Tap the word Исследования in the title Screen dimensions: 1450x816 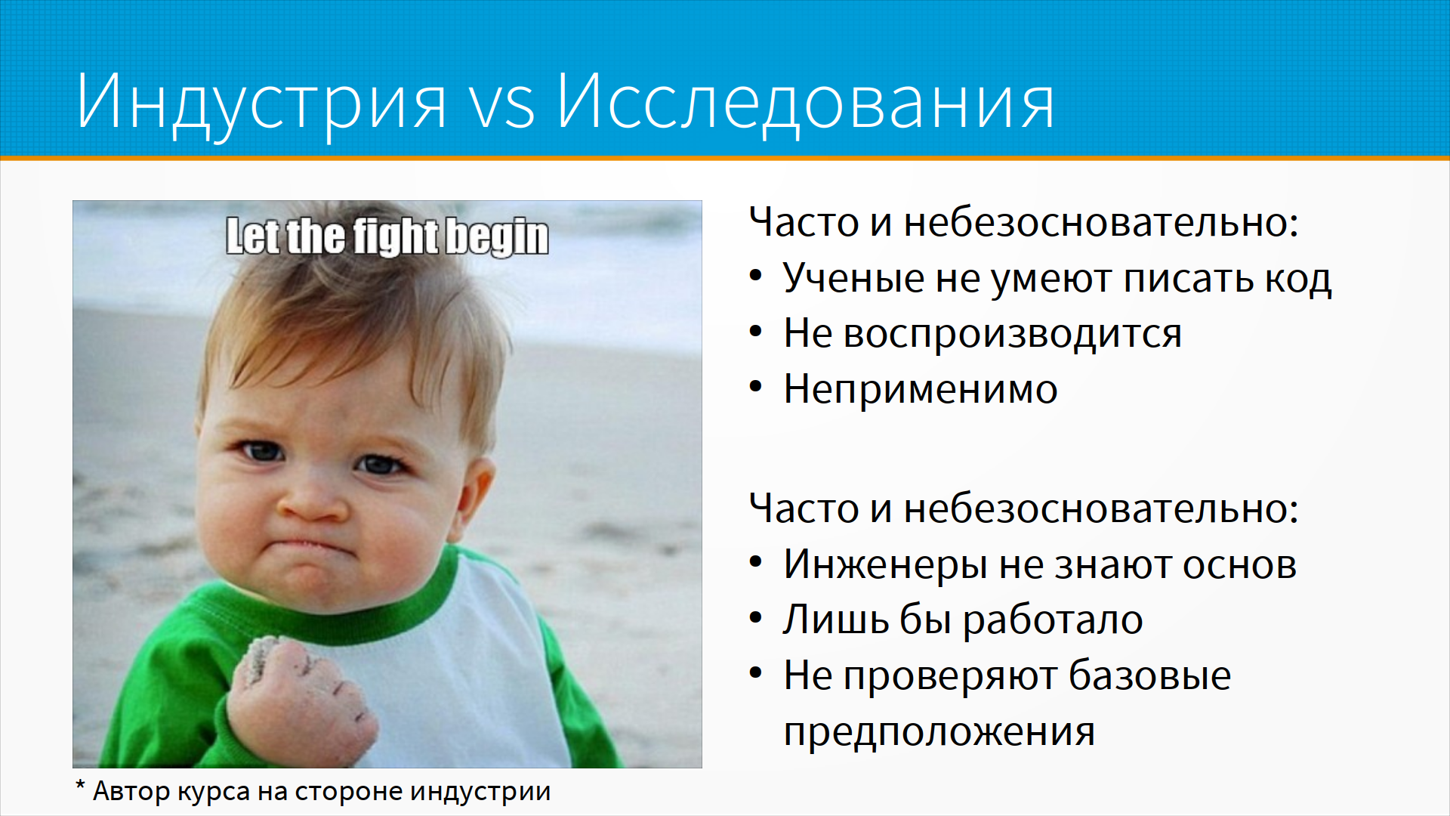tap(806, 103)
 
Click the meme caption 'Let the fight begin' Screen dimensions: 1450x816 tap(387, 236)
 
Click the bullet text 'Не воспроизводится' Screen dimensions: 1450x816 tap(983, 334)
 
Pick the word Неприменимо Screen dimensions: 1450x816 tap(921, 389)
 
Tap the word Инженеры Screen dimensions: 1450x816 tap(886, 565)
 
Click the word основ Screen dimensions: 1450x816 tap(1239, 565)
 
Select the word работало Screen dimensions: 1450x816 tap(1053, 620)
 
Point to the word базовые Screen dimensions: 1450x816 tap(1149, 675)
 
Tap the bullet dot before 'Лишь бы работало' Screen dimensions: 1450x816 tap(756, 619)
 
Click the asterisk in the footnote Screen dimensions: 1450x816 tap(80, 786)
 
